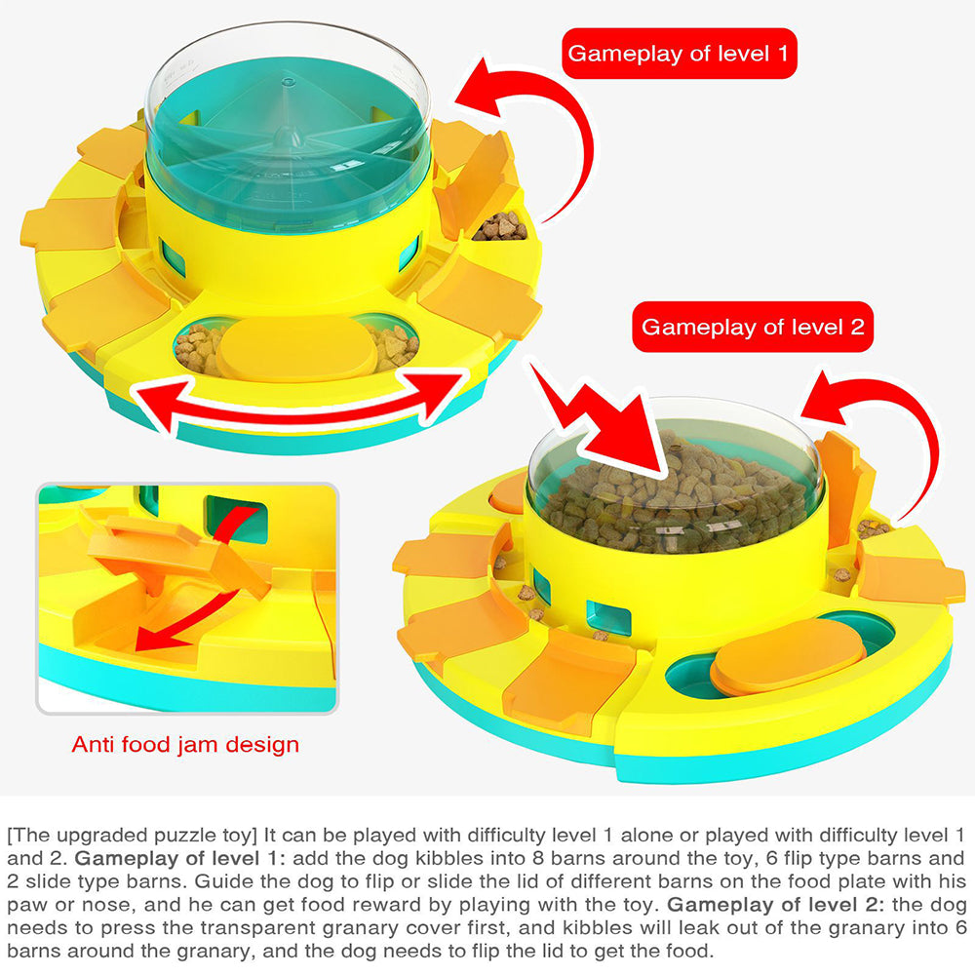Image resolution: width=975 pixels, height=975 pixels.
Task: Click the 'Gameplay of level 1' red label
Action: click(679, 54)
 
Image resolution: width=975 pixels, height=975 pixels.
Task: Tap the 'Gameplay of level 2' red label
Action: click(753, 327)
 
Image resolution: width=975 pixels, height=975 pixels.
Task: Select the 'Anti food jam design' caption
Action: click(185, 745)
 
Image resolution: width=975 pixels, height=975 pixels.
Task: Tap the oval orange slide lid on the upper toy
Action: click(296, 346)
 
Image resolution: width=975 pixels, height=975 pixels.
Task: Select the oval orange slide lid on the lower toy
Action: click(776, 665)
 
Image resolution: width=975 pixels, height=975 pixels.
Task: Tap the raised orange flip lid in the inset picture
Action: click(175, 551)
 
